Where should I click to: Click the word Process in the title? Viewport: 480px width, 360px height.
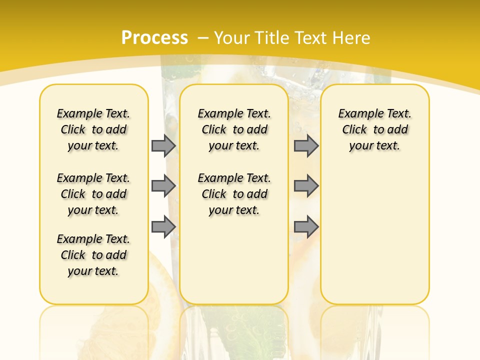[x=154, y=38]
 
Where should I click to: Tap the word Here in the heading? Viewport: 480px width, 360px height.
[x=352, y=38]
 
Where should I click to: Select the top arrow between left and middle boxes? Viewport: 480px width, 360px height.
[x=163, y=145]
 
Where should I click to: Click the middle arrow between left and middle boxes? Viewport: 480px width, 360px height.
[x=163, y=186]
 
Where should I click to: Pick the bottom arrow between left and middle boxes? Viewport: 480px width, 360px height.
[x=163, y=227]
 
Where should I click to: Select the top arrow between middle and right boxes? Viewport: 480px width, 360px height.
[x=306, y=145]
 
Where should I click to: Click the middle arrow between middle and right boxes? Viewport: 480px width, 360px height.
[x=306, y=186]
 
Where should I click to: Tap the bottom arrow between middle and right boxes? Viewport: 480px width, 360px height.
[x=306, y=227]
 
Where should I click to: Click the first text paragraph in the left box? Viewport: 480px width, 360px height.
[x=93, y=129]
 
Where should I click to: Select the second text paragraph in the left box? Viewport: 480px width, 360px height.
[x=93, y=194]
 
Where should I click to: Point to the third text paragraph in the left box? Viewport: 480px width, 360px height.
[x=93, y=255]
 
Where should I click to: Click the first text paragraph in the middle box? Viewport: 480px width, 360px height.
[x=234, y=129]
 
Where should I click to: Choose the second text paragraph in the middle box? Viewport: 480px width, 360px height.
[x=234, y=194]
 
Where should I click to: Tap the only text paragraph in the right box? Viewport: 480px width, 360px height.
[x=375, y=129]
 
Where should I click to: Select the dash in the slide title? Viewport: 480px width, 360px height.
[x=202, y=38]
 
